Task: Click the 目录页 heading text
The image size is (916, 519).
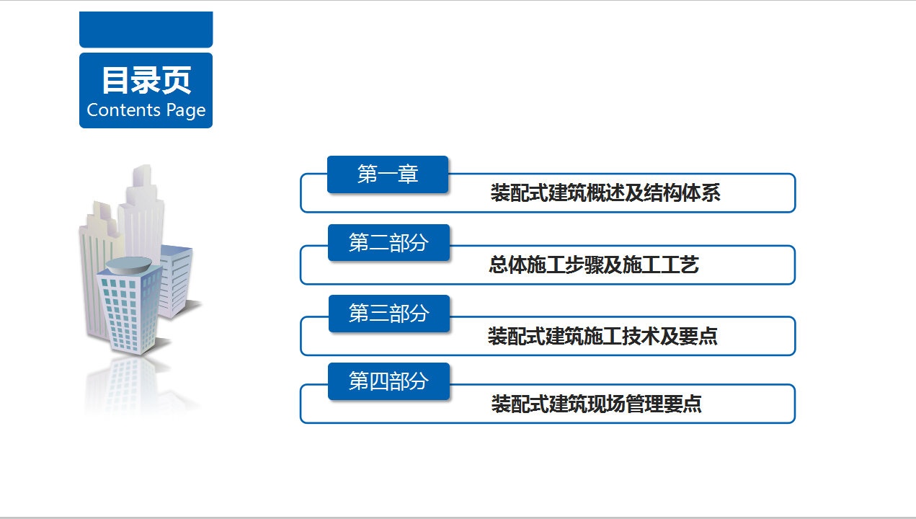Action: pos(146,80)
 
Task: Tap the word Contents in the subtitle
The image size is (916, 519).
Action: pos(123,110)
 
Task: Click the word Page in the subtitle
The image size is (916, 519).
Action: pos(186,111)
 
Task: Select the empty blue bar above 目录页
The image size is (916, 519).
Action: pos(146,30)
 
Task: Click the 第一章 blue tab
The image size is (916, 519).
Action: pos(388,174)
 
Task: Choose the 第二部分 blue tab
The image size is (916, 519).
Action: pos(389,242)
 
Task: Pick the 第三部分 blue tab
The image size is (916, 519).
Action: pos(389,314)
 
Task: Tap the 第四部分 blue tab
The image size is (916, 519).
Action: pos(389,381)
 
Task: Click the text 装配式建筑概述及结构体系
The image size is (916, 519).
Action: pos(605,193)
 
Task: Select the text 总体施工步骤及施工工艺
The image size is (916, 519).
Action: pos(594,265)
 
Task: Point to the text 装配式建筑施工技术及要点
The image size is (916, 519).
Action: pos(602,336)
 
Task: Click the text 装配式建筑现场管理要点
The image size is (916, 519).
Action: pos(597,404)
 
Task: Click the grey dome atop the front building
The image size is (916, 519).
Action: pos(129,265)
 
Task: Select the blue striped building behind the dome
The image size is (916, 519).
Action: pos(175,281)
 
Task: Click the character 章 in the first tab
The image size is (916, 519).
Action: pos(408,174)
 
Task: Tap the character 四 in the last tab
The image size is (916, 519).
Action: pos(378,381)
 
